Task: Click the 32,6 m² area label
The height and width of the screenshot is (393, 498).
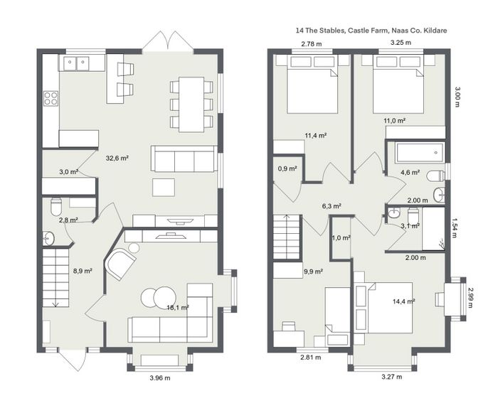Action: [x=117, y=158]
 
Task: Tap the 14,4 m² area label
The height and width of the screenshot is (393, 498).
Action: [x=403, y=301]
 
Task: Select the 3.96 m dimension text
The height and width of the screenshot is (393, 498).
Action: [x=160, y=378]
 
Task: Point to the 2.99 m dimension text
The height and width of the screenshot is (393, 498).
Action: [x=471, y=298]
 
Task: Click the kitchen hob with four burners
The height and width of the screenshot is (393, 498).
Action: [x=51, y=98]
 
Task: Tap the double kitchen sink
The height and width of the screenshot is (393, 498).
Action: [x=76, y=63]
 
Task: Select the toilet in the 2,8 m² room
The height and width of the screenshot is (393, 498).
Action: [x=56, y=207]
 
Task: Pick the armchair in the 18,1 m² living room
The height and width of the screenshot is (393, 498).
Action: [x=120, y=264]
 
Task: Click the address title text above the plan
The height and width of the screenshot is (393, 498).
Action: [x=371, y=31]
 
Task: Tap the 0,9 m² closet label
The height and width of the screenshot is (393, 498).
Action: [x=287, y=168]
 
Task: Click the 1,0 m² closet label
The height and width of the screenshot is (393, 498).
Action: [x=341, y=237]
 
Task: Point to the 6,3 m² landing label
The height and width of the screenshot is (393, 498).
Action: [x=332, y=206]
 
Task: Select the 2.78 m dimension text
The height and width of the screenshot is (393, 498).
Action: [x=312, y=44]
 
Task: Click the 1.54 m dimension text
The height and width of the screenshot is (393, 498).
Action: [x=455, y=227]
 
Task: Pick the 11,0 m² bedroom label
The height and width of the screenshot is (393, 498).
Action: [x=394, y=121]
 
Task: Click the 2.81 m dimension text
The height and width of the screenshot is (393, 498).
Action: [x=311, y=357]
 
